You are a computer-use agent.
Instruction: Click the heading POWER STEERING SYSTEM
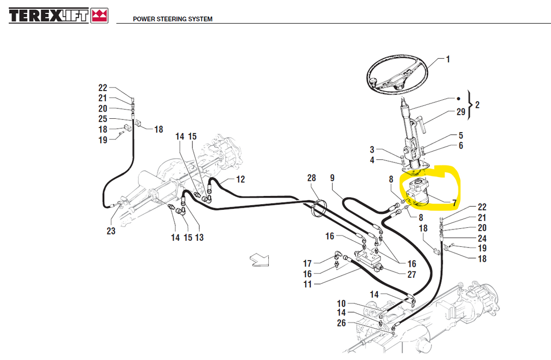[173, 19]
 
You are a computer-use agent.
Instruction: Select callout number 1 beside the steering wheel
[448, 59]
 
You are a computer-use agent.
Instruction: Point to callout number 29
[461, 112]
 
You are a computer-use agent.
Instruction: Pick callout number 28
[311, 178]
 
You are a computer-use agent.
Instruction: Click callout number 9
[333, 178]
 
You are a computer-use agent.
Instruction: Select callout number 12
[241, 179]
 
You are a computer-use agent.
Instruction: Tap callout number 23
[111, 231]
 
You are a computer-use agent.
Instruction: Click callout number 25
[103, 119]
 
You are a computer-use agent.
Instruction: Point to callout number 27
[411, 275]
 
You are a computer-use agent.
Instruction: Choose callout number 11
[307, 284]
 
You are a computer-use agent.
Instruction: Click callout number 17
[307, 264]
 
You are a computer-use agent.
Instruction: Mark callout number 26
[342, 323]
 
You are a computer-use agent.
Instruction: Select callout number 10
[342, 303]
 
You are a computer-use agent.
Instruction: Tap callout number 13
[199, 238]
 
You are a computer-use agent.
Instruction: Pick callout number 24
[482, 238]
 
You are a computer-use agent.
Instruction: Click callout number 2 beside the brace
[477, 105]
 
